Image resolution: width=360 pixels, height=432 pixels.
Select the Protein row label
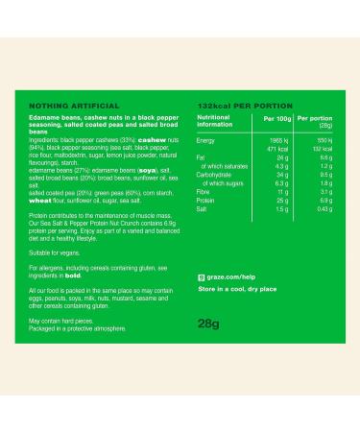(205, 201)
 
